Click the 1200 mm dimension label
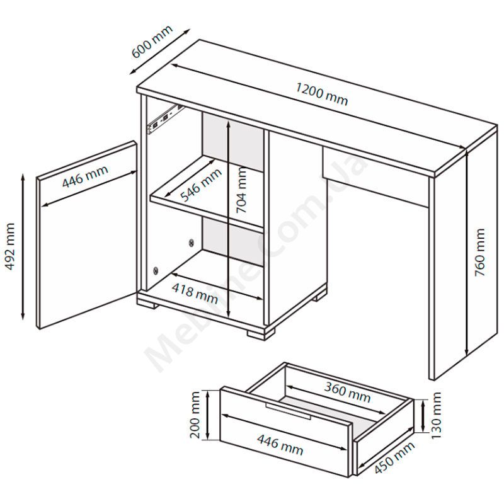coord(321,94)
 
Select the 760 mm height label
coord(479,252)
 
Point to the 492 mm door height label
coord(11,246)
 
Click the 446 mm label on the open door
coord(85,176)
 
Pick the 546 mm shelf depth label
coord(201,185)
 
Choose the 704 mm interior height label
coord(241,190)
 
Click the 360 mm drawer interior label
coord(347,392)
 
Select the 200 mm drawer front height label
coord(195,415)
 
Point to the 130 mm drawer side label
coord(435,416)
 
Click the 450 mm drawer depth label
coord(394,457)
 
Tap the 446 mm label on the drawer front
coord(280,445)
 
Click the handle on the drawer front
coord(288,411)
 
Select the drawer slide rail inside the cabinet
coord(164,118)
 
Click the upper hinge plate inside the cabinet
coord(192,242)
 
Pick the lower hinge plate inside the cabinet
coord(156,271)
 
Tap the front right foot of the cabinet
coord(261,333)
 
